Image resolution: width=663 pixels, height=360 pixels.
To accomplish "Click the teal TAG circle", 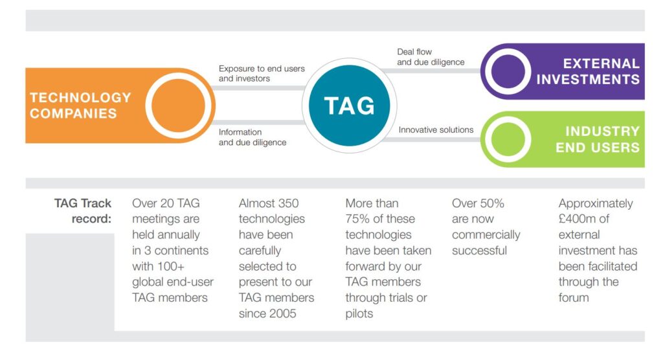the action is [x=349, y=106].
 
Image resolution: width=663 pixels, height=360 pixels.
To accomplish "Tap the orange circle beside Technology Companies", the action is [x=178, y=106].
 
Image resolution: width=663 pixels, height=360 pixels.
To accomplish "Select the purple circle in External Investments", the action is [x=508, y=71].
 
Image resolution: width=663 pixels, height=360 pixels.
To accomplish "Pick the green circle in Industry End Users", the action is [x=508, y=139].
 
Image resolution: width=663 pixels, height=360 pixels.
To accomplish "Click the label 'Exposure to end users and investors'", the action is [x=262, y=74].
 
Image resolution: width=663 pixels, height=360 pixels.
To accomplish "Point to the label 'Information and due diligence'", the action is [x=253, y=137].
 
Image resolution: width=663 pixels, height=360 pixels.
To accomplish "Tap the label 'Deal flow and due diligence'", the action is [x=431, y=57].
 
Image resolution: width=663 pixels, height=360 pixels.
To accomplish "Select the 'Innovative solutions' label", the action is [x=436, y=130].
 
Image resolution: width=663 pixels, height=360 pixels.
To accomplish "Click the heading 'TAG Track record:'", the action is [x=83, y=210].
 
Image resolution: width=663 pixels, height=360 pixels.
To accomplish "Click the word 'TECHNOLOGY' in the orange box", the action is [x=80, y=98].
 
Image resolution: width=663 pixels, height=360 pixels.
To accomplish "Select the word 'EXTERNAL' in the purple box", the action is [x=601, y=63].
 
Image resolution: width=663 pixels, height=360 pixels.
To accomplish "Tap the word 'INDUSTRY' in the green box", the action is [x=603, y=131].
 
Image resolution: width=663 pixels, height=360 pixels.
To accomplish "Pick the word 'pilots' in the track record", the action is [x=359, y=314].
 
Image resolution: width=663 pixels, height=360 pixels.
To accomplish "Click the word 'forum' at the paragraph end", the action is [x=574, y=298].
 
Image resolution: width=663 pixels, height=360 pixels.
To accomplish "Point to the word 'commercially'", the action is [x=486, y=235].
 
